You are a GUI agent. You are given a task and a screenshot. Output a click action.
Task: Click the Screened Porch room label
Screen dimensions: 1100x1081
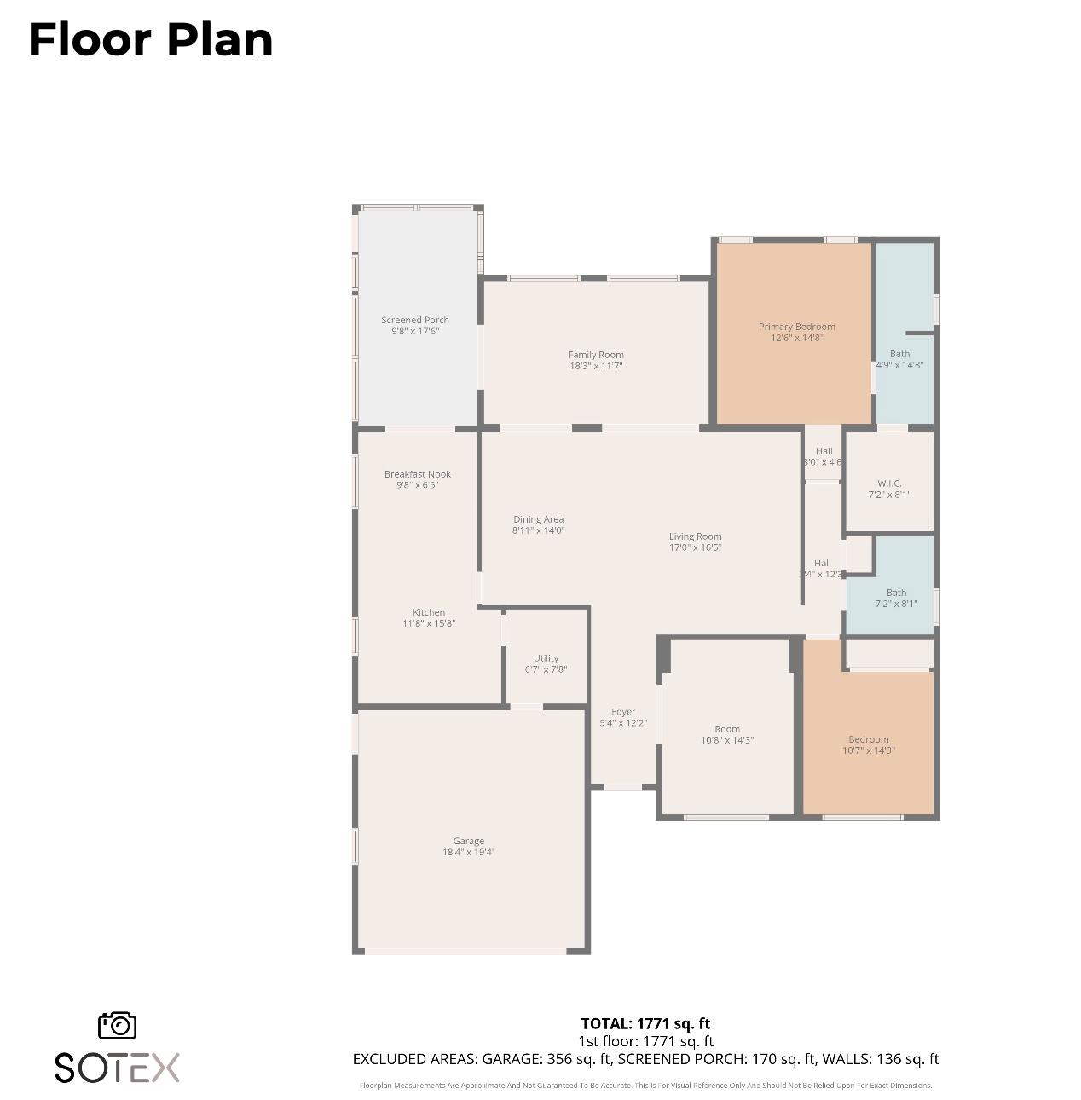415,321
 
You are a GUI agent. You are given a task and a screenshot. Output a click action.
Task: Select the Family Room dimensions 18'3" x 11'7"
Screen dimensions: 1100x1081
596,366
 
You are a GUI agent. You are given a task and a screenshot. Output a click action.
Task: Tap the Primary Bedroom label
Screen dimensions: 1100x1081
796,327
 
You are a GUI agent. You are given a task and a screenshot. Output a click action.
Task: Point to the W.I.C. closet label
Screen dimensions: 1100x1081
889,483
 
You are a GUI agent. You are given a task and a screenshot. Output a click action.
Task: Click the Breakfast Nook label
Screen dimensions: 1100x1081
417,474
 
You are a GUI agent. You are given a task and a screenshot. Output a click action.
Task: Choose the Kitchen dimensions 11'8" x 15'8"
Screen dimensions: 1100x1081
429,623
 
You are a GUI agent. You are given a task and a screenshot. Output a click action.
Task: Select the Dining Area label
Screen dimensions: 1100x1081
538,519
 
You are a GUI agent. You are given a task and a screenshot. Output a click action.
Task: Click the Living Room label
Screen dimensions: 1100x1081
695,536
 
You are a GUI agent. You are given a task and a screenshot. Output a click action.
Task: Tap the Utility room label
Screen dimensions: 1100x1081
546,658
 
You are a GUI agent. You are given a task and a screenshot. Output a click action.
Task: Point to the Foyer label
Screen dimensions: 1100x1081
623,712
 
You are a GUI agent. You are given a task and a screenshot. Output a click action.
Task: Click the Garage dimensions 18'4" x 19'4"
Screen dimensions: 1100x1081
468,852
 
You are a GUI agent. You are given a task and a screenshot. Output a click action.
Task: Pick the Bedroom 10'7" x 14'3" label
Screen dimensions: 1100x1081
868,739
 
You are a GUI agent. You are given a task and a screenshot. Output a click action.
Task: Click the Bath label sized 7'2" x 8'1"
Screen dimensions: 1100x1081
896,593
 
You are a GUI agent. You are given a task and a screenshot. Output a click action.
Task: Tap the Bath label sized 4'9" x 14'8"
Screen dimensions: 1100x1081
899,354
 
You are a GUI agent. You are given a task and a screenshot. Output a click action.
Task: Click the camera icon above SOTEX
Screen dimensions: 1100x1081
118,1025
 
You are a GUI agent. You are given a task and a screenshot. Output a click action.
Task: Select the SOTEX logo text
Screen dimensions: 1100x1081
118,1068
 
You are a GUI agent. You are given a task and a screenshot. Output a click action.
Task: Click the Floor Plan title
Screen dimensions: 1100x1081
151,40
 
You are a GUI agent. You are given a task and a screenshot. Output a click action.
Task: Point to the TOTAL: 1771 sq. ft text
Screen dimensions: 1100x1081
645,1023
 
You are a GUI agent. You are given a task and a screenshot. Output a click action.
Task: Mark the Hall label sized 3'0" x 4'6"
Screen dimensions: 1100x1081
824,451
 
